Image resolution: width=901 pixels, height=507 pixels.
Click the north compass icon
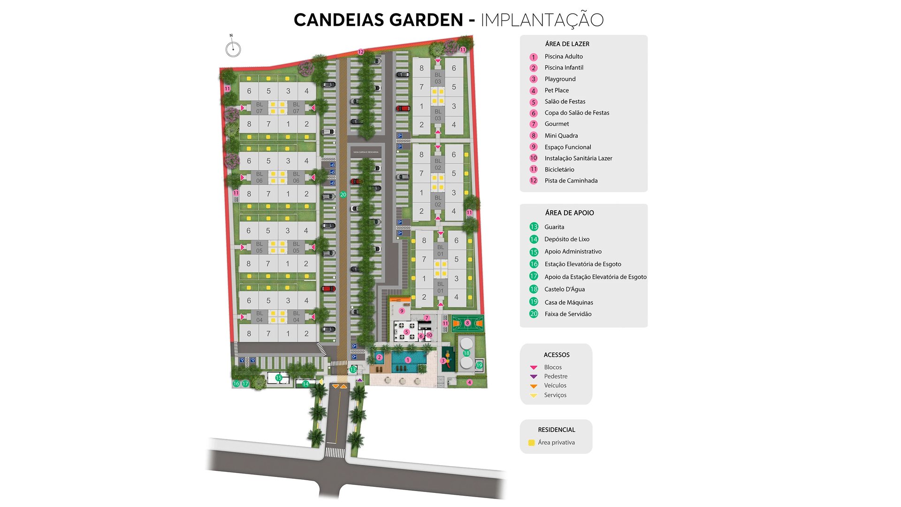(x=233, y=49)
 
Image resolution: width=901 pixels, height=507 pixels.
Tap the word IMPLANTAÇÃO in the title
(x=542, y=20)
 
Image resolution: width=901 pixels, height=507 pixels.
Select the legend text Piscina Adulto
(x=564, y=56)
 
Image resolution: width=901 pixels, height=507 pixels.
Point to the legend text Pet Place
(x=557, y=90)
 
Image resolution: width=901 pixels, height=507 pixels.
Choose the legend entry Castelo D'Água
(x=565, y=289)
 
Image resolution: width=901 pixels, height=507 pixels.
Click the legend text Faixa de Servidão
(x=568, y=314)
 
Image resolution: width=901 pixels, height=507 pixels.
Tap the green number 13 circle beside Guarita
(x=534, y=227)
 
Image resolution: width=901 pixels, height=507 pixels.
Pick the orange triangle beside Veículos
(x=534, y=386)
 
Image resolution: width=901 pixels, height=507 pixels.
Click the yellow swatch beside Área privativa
(x=531, y=443)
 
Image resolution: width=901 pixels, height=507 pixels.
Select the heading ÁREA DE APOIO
(x=569, y=213)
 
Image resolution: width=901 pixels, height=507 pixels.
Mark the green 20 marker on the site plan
(x=343, y=194)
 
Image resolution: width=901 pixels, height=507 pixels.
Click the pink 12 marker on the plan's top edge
(x=361, y=52)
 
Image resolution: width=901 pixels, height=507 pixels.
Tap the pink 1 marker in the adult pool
(x=408, y=360)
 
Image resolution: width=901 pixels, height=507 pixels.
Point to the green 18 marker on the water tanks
(x=466, y=353)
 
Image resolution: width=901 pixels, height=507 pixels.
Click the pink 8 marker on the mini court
(x=467, y=323)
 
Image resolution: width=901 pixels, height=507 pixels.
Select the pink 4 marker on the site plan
(x=469, y=383)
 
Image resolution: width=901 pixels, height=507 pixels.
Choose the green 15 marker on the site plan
(x=278, y=377)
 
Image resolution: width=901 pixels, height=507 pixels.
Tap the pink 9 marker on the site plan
(x=402, y=311)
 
